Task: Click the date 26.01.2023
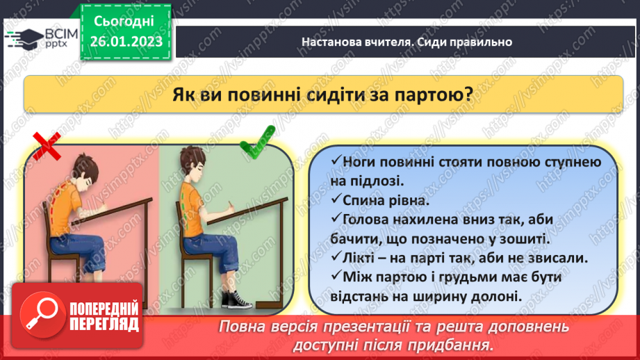(x=126, y=41)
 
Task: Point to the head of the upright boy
(x=195, y=167)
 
